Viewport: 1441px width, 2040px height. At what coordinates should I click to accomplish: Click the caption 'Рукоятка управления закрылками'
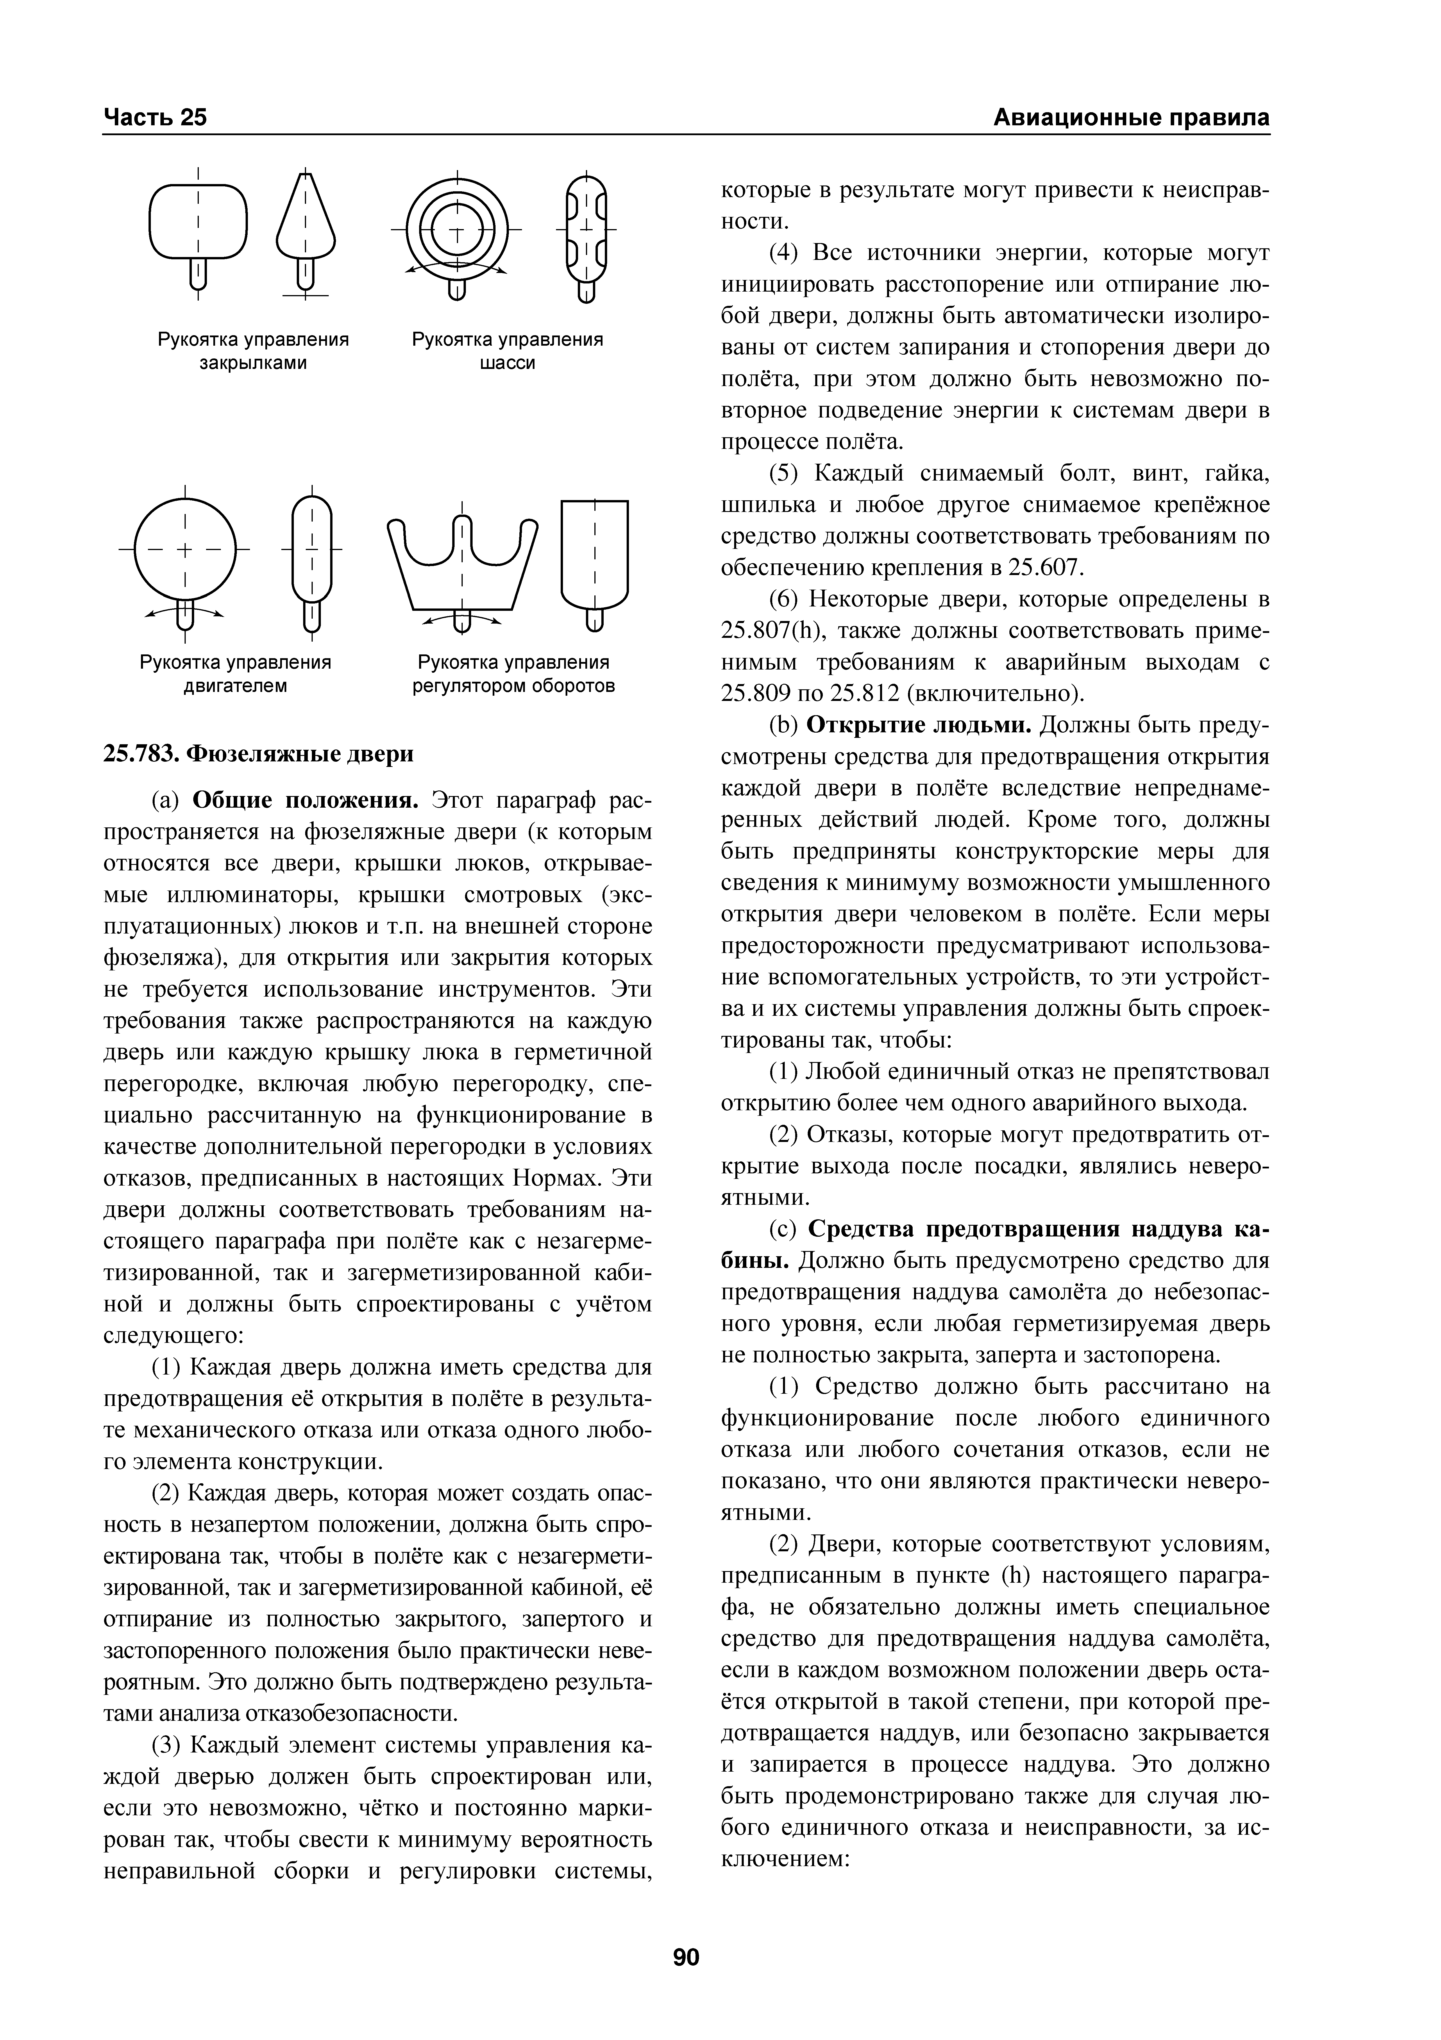click(x=253, y=352)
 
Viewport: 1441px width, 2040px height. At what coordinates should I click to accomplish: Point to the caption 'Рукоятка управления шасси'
click(x=507, y=352)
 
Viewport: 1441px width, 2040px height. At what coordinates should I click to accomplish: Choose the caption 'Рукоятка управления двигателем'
click(x=235, y=674)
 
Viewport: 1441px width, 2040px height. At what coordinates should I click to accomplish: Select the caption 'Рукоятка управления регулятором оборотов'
click(x=514, y=674)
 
